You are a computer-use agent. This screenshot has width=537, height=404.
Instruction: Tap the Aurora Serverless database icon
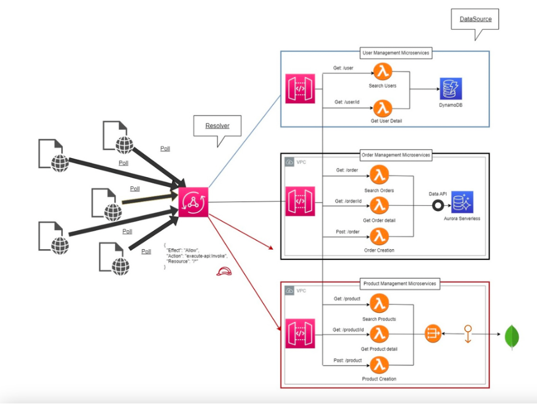coord(462,203)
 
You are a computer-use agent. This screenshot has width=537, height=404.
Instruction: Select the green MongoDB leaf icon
coord(512,337)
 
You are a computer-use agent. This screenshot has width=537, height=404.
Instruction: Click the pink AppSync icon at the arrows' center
coord(193,202)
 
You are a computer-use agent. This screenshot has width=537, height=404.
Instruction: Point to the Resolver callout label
coord(218,126)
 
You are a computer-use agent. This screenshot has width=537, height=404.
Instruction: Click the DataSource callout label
coord(475,19)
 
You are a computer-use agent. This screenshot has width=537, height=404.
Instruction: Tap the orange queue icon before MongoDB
coord(433,333)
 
